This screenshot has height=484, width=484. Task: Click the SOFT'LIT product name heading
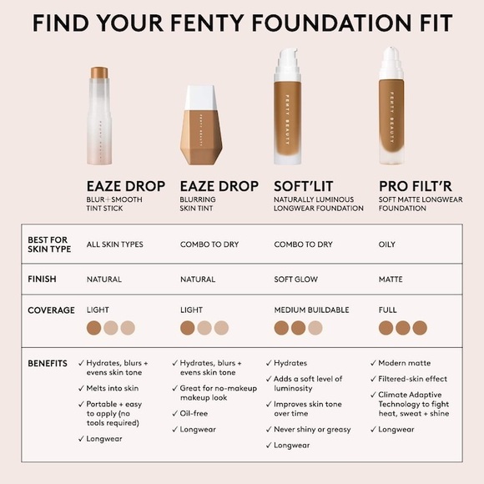(x=305, y=185)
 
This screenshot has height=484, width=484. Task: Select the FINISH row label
(x=43, y=279)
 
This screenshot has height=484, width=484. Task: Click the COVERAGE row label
(x=51, y=310)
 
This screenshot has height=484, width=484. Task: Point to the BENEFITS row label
(x=48, y=364)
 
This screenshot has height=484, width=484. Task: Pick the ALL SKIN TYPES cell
(x=115, y=245)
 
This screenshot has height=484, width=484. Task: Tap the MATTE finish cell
(x=391, y=280)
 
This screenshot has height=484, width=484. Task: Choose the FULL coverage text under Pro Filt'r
(x=387, y=310)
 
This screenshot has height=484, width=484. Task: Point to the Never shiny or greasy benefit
(x=312, y=429)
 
